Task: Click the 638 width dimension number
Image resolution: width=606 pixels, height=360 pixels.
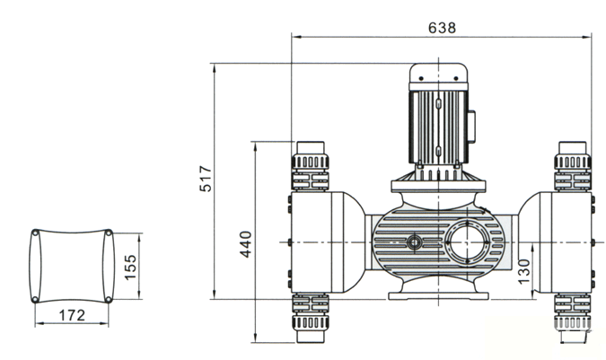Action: (x=441, y=27)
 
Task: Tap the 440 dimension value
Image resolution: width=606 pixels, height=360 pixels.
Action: (x=246, y=241)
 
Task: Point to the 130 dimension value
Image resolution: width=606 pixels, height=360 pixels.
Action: (x=523, y=268)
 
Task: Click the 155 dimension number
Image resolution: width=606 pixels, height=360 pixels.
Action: (x=130, y=267)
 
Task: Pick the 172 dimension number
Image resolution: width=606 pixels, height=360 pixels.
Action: (x=71, y=315)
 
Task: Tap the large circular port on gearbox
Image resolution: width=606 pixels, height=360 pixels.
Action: (x=469, y=243)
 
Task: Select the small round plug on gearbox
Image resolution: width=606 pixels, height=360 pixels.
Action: (x=414, y=241)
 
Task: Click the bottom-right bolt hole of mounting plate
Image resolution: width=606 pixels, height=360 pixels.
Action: (x=109, y=299)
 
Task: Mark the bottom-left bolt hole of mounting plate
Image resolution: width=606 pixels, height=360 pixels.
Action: (x=34, y=299)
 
